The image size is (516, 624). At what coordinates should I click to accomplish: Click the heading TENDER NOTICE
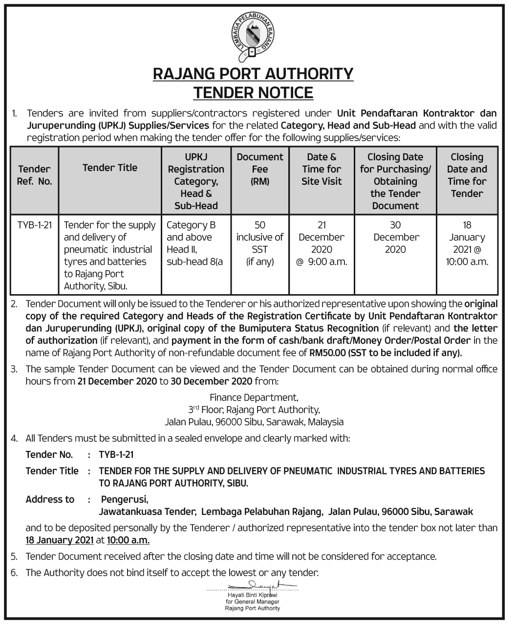253,92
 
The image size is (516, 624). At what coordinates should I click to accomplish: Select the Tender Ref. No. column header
34,175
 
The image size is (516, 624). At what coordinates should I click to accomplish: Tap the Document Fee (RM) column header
259,169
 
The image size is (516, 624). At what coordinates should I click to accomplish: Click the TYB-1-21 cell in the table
34,225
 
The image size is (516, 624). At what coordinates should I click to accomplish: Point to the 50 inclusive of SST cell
259,243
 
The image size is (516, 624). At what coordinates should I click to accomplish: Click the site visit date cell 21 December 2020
322,243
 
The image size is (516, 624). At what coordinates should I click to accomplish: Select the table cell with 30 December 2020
395,237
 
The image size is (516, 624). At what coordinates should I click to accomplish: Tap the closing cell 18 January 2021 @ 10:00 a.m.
467,243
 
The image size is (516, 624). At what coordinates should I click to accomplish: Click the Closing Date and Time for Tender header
467,175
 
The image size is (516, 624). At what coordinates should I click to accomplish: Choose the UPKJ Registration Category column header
195,181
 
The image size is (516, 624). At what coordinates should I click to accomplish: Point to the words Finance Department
254,397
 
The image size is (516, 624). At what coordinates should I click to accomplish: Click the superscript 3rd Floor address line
254,409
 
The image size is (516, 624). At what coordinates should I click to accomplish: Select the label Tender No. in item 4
49,455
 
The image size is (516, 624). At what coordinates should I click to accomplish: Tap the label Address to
50,499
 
